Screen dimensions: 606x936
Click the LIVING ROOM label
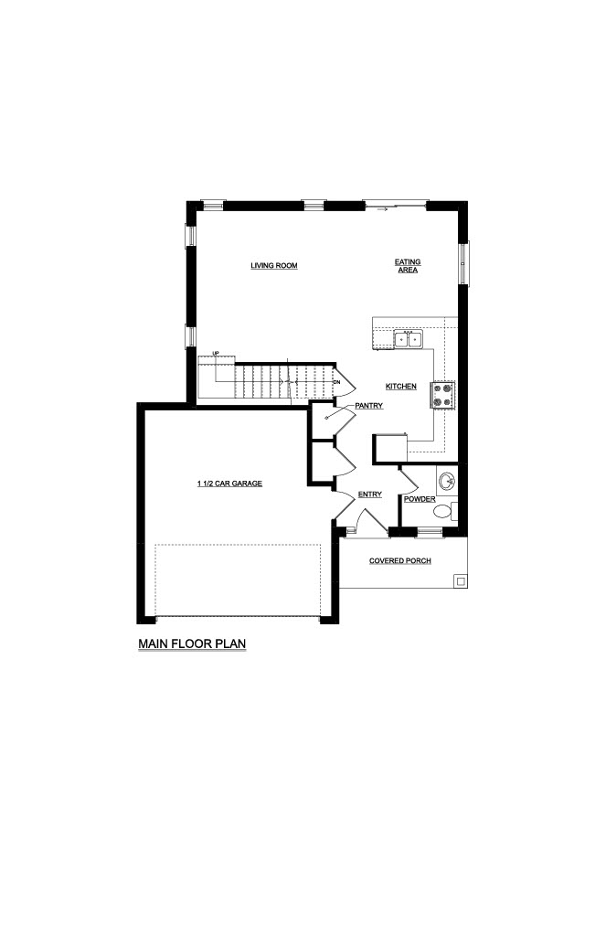pyautogui.click(x=274, y=266)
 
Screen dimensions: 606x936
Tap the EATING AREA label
pyautogui.click(x=408, y=266)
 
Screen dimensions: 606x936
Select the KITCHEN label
pyautogui.click(x=401, y=387)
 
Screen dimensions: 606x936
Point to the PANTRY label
pyautogui.click(x=369, y=406)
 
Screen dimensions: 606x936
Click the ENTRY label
pyautogui.click(x=370, y=495)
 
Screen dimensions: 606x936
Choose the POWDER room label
pyautogui.click(x=420, y=499)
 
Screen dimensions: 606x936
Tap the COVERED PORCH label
pyautogui.click(x=400, y=561)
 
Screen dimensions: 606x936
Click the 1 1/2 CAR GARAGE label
pyautogui.click(x=229, y=484)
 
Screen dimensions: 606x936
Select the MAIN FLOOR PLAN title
pyautogui.click(x=192, y=644)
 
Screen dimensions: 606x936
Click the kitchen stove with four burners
pyautogui.click(x=443, y=395)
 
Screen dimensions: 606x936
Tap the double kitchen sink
pyautogui.click(x=409, y=340)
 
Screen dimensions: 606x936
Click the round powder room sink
pyautogui.click(x=446, y=481)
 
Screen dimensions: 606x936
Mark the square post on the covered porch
pyautogui.click(x=461, y=580)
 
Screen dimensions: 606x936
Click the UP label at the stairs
pyautogui.click(x=216, y=354)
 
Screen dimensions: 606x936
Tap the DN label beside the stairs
pyautogui.click(x=336, y=381)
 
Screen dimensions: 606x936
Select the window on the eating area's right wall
pyautogui.click(x=463, y=262)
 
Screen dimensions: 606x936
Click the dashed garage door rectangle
pyautogui.click(x=239, y=580)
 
